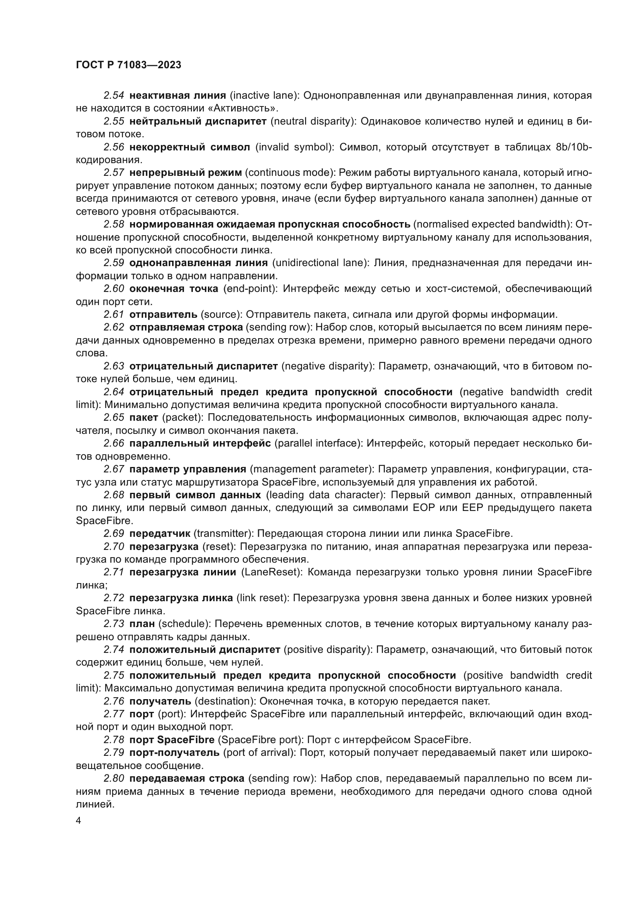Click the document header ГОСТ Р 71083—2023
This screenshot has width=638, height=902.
[x=128, y=65]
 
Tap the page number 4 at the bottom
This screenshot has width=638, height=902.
[x=78, y=821]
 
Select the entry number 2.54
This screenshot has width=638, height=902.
[x=114, y=95]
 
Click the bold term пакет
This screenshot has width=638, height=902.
[x=143, y=417]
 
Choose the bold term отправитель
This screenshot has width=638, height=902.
[x=163, y=314]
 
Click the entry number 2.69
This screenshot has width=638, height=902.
[x=114, y=533]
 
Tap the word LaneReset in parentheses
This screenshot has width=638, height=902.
[x=272, y=572]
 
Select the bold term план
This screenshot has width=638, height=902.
[x=142, y=624]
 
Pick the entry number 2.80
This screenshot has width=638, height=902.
[x=114, y=778]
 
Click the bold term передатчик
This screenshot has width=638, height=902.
[x=160, y=533]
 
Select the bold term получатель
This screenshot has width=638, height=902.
[x=160, y=701]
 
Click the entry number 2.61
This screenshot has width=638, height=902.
[x=114, y=314]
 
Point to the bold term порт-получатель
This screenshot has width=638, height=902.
[x=174, y=752]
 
